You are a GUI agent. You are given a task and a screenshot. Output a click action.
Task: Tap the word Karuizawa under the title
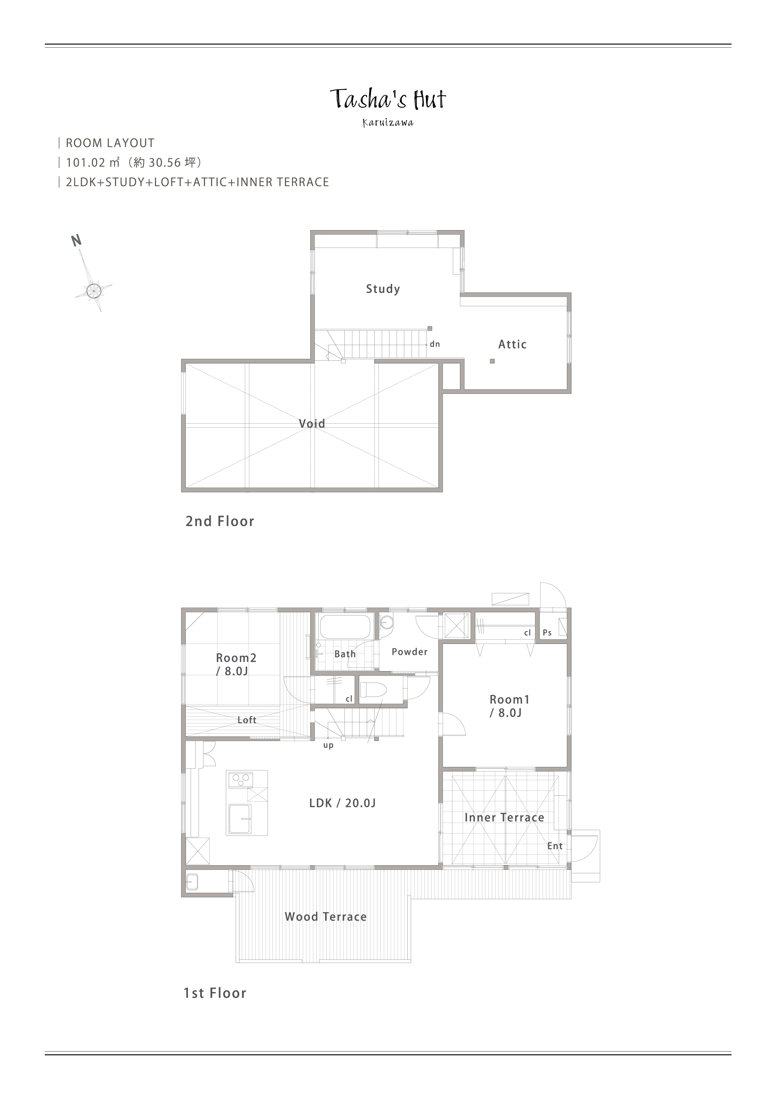point(388,123)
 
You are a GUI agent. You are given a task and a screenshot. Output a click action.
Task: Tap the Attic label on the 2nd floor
point(512,344)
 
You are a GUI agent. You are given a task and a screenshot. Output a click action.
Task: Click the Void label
point(312,423)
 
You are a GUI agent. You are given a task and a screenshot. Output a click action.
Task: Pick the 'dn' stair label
point(435,344)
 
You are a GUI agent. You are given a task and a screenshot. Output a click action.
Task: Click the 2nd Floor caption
point(220,521)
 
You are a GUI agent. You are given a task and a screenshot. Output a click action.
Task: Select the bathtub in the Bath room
point(345,627)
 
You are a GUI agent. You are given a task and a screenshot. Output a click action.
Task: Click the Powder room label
point(409,652)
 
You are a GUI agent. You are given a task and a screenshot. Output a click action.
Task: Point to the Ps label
point(548,633)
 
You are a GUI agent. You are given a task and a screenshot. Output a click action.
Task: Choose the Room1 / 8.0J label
point(509,706)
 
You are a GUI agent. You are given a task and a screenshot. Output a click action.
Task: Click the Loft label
point(247,720)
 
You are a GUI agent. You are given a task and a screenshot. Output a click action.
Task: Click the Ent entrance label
point(555,846)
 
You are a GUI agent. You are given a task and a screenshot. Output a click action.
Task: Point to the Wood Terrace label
point(325,916)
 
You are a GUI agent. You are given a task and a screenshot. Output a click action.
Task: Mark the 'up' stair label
point(328,745)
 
